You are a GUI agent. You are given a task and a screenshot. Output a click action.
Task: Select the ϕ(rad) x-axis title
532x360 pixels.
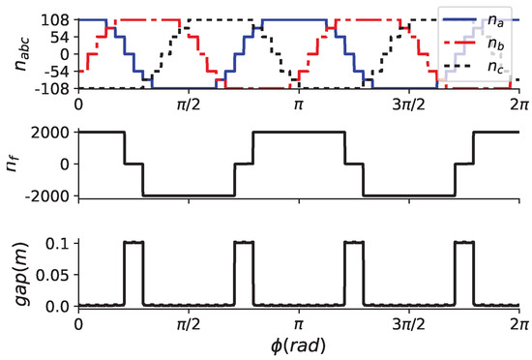pyautogui.click(x=299, y=345)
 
